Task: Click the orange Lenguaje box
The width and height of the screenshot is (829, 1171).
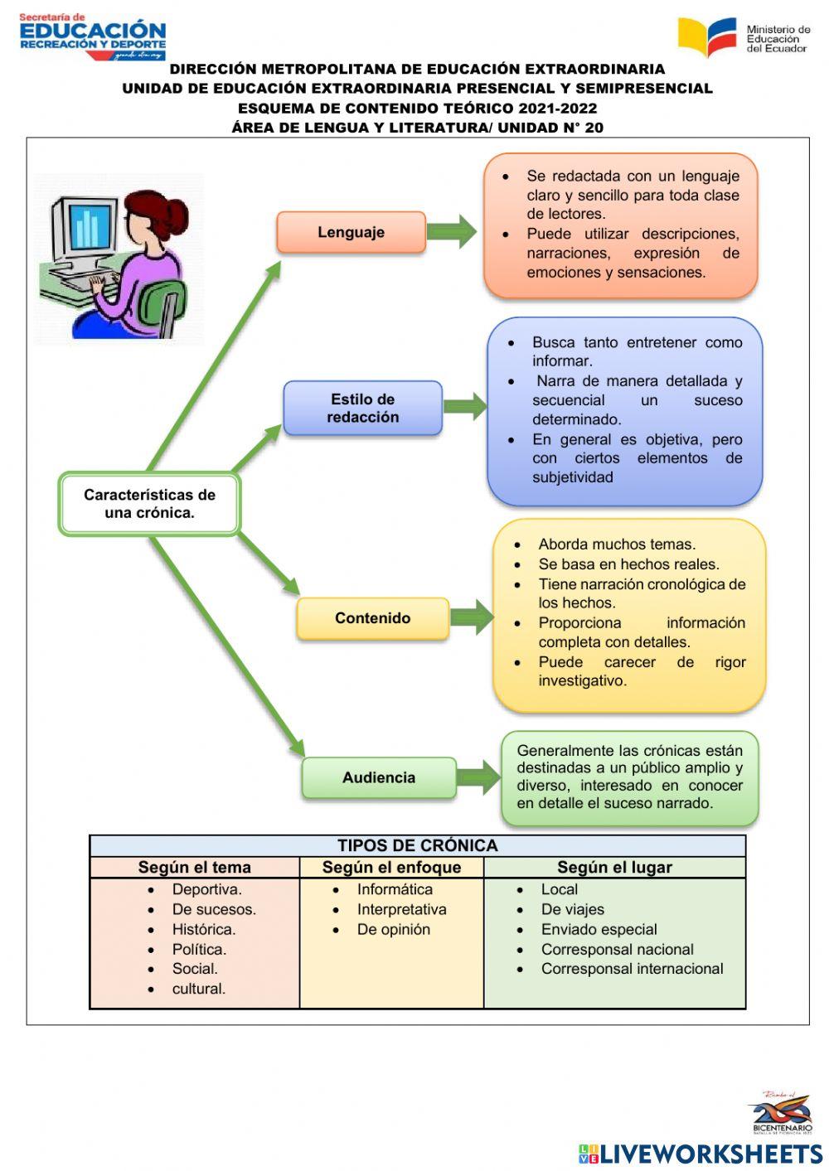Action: pyautogui.click(x=351, y=232)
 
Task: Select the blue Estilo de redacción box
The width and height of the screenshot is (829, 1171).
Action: pyautogui.click(x=362, y=408)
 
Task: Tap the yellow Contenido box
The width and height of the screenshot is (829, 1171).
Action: pyautogui.click(x=372, y=618)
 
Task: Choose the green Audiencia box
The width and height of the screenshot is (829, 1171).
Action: pyautogui.click(x=378, y=777)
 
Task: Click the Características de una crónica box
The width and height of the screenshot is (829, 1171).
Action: pyautogui.click(x=149, y=504)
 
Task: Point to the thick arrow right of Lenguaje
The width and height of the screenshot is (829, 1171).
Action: pyautogui.click(x=453, y=232)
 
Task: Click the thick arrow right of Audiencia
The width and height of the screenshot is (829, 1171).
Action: pyautogui.click(x=478, y=777)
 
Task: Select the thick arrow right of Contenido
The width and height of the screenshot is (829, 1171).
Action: pyautogui.click(x=472, y=618)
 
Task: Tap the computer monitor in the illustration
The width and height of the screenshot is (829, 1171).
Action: pyautogui.click(x=84, y=229)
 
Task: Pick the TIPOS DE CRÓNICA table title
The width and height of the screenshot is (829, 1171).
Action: pyautogui.click(x=417, y=845)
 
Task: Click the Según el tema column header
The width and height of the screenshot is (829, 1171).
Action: pyautogui.click(x=194, y=867)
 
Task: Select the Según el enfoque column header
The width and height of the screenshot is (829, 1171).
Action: pyautogui.click(x=391, y=867)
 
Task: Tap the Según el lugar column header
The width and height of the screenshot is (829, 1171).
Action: pyautogui.click(x=614, y=867)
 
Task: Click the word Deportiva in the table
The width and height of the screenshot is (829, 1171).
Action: pyautogui.click(x=206, y=889)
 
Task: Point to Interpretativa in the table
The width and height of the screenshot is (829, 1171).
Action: pyautogui.click(x=401, y=909)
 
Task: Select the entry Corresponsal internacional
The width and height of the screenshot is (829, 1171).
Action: pyautogui.click(x=632, y=969)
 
